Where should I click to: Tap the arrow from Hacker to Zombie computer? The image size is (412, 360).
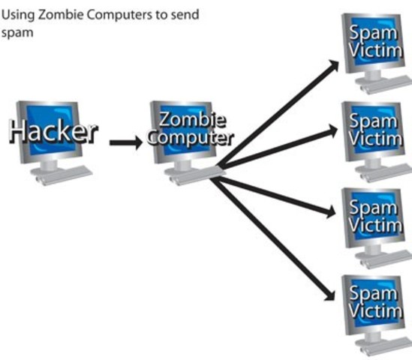click(x=125, y=142)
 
